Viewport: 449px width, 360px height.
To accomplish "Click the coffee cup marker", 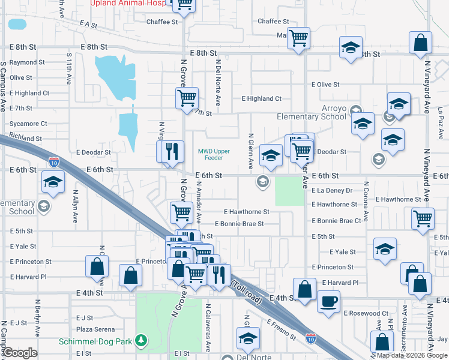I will [328, 302].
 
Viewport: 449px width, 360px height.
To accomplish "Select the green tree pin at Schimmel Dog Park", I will [142, 341].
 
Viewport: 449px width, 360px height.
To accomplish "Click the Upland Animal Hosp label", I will [128, 3].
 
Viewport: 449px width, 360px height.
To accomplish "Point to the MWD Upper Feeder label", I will [215, 154].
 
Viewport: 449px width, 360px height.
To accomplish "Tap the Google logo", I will [20, 353].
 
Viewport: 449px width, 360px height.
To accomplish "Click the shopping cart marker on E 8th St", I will [298, 40].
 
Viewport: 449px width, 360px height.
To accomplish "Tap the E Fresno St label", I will [282, 329].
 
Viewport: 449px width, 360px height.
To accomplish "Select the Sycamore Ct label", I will [28, 124].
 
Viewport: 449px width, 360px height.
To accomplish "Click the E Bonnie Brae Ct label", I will [336, 221].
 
